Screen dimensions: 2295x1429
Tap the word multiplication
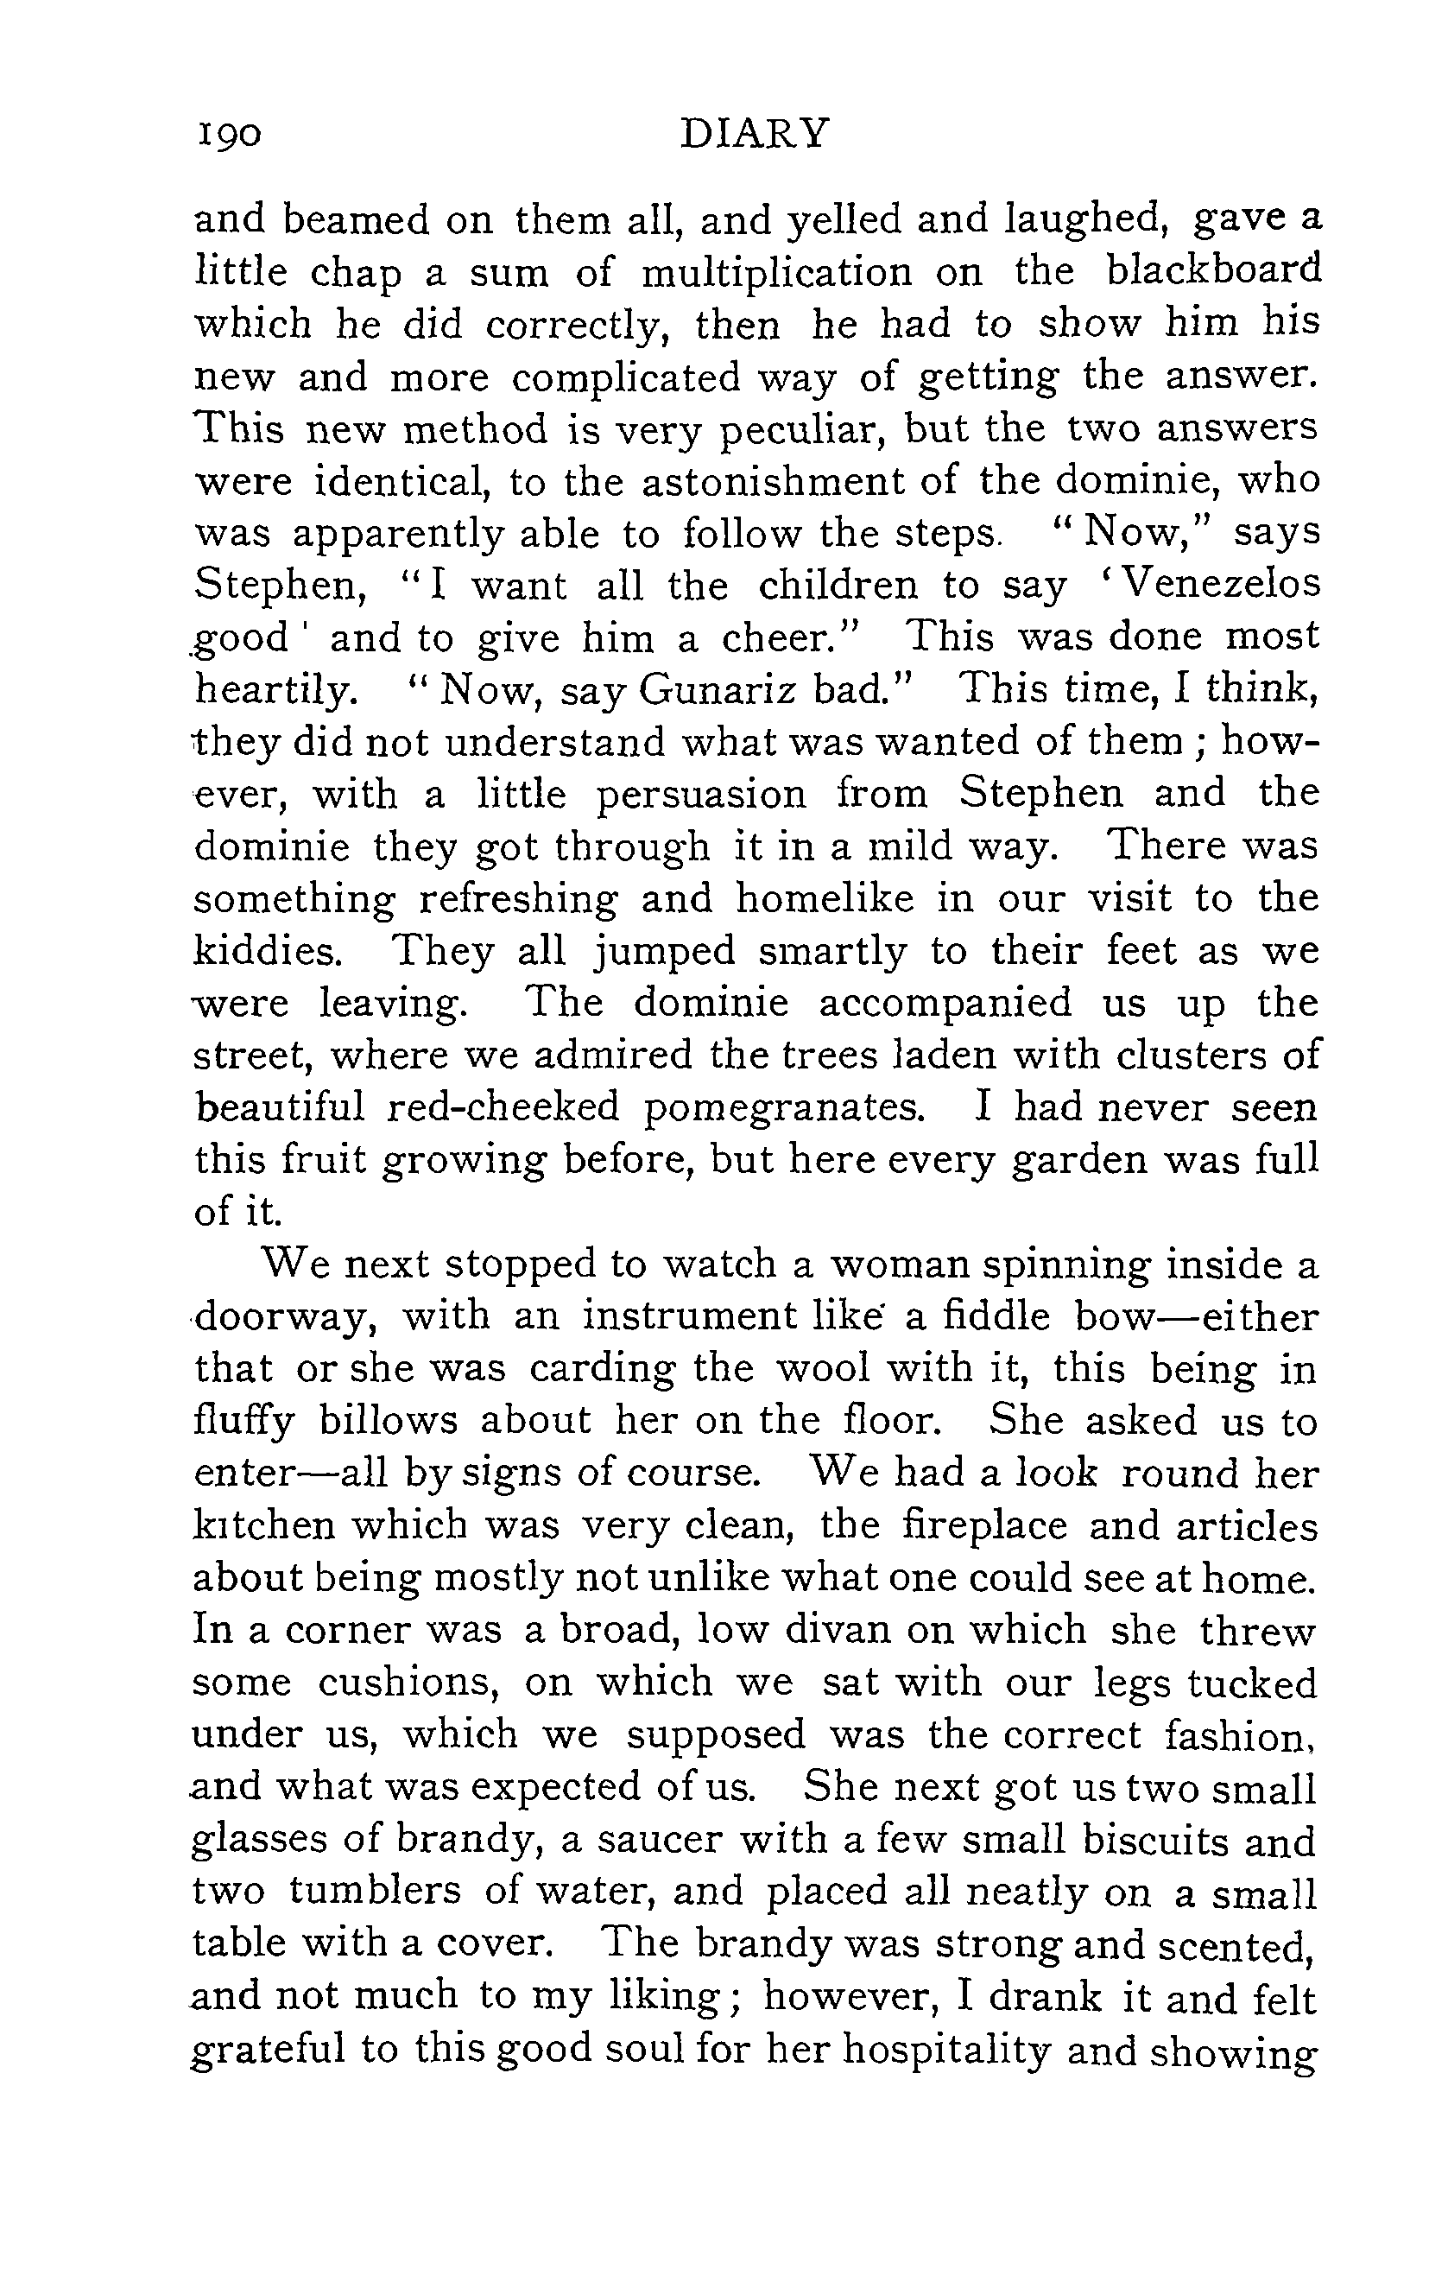pyautogui.click(x=777, y=273)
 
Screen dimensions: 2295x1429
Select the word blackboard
pyautogui.click(x=1212, y=271)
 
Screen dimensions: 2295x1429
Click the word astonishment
pyautogui.click(x=772, y=482)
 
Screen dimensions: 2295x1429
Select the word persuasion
pyautogui.click(x=701, y=794)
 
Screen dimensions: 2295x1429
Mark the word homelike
pyautogui.click(x=825, y=898)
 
